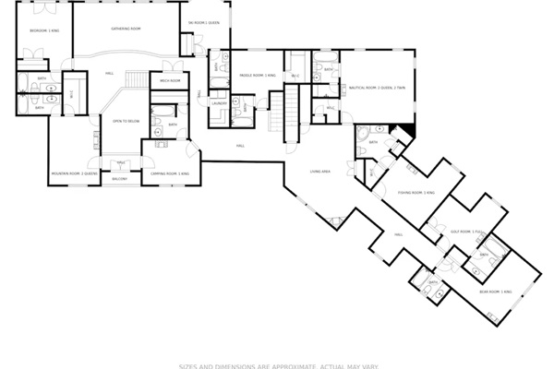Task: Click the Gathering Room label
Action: (x=126, y=29)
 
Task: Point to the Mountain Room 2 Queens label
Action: (x=74, y=173)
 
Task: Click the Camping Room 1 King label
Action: (x=170, y=173)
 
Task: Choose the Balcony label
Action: (x=120, y=178)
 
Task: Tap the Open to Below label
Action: (x=126, y=121)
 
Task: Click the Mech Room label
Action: (x=169, y=81)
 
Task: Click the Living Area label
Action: (x=320, y=172)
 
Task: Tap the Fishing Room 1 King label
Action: (x=410, y=193)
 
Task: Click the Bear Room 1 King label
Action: (x=495, y=291)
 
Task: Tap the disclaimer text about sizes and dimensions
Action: (x=278, y=364)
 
